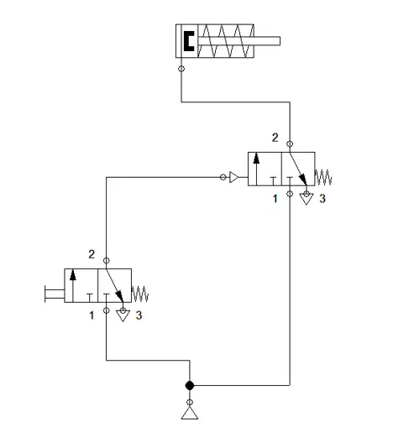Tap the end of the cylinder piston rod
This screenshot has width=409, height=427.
click(x=280, y=41)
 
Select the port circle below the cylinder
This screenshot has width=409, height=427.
click(x=181, y=69)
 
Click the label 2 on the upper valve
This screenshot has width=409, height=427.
click(x=275, y=138)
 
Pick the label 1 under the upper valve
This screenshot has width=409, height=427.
click(x=275, y=199)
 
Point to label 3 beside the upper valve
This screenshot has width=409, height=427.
click(x=322, y=199)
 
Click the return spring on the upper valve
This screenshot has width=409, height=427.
click(x=323, y=177)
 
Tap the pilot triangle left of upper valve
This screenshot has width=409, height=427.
click(x=233, y=177)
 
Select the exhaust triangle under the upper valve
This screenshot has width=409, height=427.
click(x=307, y=199)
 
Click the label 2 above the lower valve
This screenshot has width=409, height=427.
click(x=92, y=254)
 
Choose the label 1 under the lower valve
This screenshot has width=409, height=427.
click(x=92, y=315)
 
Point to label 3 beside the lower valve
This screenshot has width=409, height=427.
click(x=139, y=315)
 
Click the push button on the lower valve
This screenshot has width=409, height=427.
click(x=54, y=294)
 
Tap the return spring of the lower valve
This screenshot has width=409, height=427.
click(x=140, y=294)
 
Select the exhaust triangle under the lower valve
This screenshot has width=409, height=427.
click(x=123, y=315)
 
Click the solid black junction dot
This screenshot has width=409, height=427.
click(x=190, y=385)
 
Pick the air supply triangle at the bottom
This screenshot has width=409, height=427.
click(x=190, y=413)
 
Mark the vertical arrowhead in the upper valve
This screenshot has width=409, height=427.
click(x=256, y=159)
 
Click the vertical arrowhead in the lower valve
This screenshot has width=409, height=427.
click(x=73, y=275)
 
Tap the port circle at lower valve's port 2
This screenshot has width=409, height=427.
click(x=106, y=261)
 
